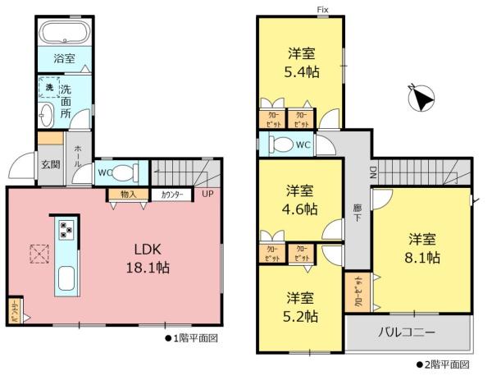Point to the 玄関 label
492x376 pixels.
(50, 164)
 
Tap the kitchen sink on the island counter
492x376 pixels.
(66, 279)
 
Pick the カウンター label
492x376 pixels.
(172, 195)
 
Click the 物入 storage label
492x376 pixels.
(128, 195)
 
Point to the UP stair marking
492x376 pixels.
(209, 195)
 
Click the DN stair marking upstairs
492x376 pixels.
(371, 172)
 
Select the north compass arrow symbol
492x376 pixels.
(421, 100)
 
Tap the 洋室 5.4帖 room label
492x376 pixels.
(303, 63)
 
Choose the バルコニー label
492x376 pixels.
(407, 333)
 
